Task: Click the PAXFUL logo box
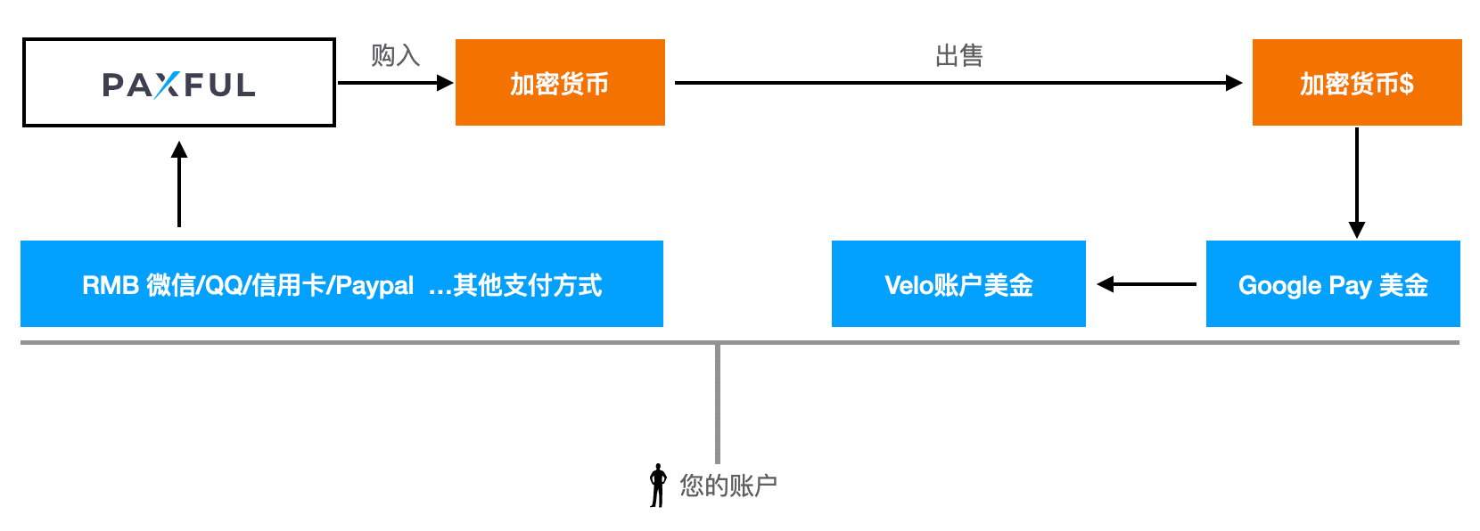click(178, 82)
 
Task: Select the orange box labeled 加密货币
click(560, 82)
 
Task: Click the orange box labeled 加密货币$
click(1356, 82)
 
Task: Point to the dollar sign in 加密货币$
click(1406, 84)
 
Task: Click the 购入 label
click(395, 55)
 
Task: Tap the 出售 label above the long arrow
click(958, 56)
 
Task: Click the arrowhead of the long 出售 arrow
click(1234, 83)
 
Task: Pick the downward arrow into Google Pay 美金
click(1356, 183)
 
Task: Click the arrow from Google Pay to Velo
click(1147, 284)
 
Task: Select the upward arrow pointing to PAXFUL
click(179, 185)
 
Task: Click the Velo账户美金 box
click(958, 284)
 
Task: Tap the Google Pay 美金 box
click(1333, 284)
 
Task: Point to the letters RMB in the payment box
click(110, 285)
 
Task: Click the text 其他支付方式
click(527, 285)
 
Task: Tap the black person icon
click(658, 486)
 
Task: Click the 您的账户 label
click(728, 486)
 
